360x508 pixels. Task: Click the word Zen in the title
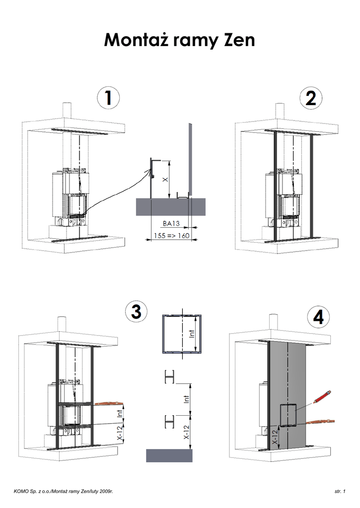click(x=239, y=40)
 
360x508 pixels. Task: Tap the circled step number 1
click(x=108, y=98)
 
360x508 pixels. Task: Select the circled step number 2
click(x=311, y=98)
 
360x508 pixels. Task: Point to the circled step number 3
click(x=136, y=312)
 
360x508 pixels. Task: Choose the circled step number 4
click(x=318, y=317)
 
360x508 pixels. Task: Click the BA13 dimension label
click(x=171, y=223)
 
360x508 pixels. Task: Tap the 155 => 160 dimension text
click(x=172, y=236)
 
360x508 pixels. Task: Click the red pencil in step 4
click(x=322, y=396)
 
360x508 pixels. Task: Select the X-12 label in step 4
click(x=275, y=437)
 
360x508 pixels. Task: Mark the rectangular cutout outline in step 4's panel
click(x=288, y=404)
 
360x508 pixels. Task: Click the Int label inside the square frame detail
click(x=192, y=334)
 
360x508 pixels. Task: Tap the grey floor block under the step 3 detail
click(x=169, y=455)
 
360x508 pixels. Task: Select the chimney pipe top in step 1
click(x=67, y=104)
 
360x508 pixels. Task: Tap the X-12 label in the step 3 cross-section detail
click(x=187, y=432)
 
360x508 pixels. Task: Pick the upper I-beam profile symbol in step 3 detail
click(x=170, y=377)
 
